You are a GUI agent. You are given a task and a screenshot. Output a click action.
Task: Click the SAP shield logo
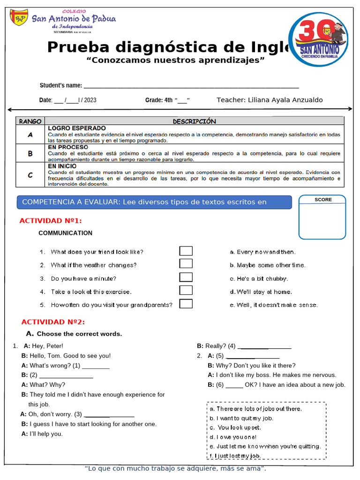point(20,17)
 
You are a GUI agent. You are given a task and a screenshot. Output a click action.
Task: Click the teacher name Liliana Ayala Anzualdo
point(270,100)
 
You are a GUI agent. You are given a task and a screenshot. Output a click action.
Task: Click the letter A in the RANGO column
point(30,135)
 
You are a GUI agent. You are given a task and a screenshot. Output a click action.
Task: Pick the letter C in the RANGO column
point(30,175)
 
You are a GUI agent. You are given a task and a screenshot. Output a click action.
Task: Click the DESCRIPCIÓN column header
point(194,121)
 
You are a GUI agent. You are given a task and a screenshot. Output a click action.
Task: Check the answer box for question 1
point(186,251)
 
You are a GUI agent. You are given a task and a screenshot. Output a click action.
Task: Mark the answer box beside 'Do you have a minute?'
point(186,277)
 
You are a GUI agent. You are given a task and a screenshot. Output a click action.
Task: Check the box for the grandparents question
point(186,304)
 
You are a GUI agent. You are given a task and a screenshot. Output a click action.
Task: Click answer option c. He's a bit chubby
point(259,278)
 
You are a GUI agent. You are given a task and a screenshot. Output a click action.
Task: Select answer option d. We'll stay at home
point(261,292)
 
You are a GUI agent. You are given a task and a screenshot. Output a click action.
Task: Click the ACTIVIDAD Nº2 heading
point(53,322)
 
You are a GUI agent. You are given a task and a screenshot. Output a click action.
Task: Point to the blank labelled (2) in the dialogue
point(66,375)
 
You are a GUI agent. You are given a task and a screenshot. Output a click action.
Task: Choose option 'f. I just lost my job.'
point(235,456)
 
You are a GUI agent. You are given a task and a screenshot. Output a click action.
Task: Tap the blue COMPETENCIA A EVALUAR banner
point(154,202)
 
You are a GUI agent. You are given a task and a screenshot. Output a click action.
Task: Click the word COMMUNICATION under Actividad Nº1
point(65,233)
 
